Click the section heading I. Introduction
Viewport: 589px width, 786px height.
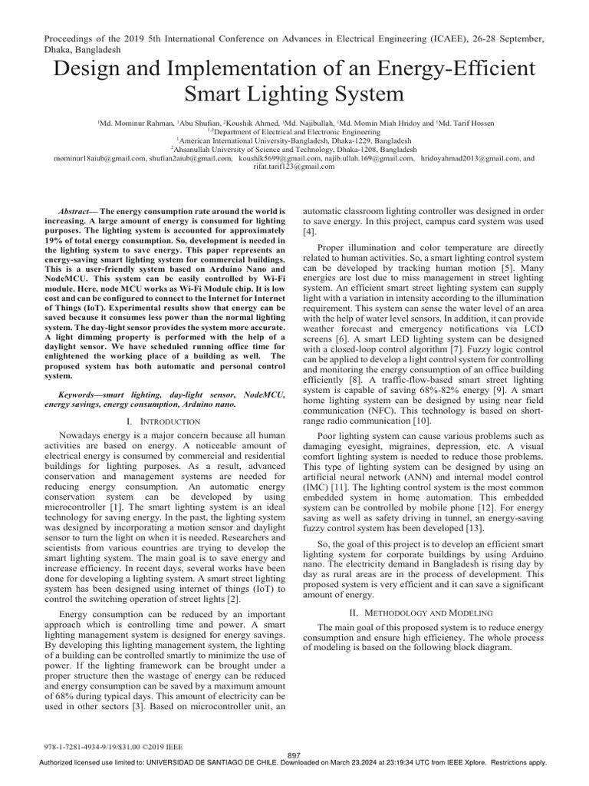click(164, 421)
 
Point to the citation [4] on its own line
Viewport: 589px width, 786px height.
click(309, 231)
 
